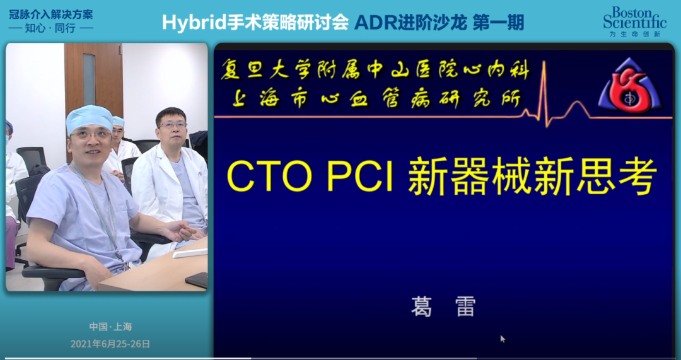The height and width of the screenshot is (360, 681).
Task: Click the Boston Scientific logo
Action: [x=634, y=21]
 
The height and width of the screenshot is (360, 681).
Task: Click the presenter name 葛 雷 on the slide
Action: [x=443, y=307]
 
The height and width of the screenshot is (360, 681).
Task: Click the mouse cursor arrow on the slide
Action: [x=503, y=339]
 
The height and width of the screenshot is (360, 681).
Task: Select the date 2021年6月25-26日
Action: [x=110, y=344]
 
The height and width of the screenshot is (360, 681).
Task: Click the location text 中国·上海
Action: [x=110, y=327]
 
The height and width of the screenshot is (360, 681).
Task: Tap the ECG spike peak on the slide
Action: [x=543, y=62]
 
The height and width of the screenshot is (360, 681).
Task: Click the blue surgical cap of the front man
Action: [x=90, y=118]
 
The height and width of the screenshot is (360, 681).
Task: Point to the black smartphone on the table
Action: [x=197, y=280]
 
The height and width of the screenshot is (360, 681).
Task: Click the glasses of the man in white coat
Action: [x=173, y=125]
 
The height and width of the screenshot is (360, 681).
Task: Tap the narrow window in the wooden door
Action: [x=89, y=79]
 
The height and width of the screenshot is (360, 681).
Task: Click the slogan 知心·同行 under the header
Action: [x=51, y=28]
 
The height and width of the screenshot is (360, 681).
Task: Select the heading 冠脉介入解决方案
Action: [x=51, y=15]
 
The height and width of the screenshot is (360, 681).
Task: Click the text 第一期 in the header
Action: [x=498, y=23]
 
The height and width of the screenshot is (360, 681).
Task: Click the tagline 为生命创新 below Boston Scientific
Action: [x=634, y=34]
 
